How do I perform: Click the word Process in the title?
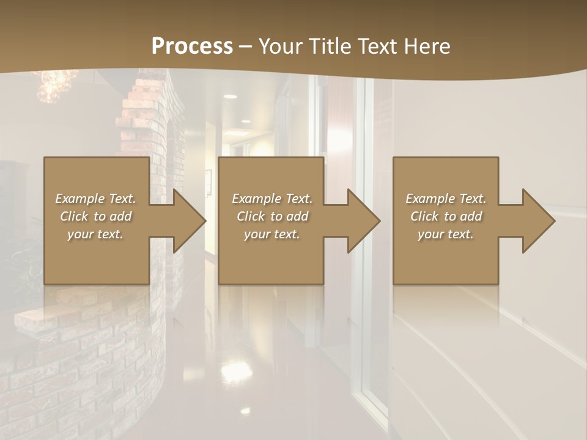pos(192,46)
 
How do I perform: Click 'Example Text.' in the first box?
pos(95,199)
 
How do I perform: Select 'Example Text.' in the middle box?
pos(271,199)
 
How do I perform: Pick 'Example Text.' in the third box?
pos(446,199)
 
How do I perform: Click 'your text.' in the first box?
pos(95,234)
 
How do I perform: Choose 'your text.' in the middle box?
pos(271,234)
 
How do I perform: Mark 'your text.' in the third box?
pos(446,234)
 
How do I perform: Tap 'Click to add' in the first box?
pos(95,216)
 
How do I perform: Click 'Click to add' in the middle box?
pos(271,216)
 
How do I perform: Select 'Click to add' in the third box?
pos(446,216)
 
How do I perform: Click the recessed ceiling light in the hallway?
pos(230,97)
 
